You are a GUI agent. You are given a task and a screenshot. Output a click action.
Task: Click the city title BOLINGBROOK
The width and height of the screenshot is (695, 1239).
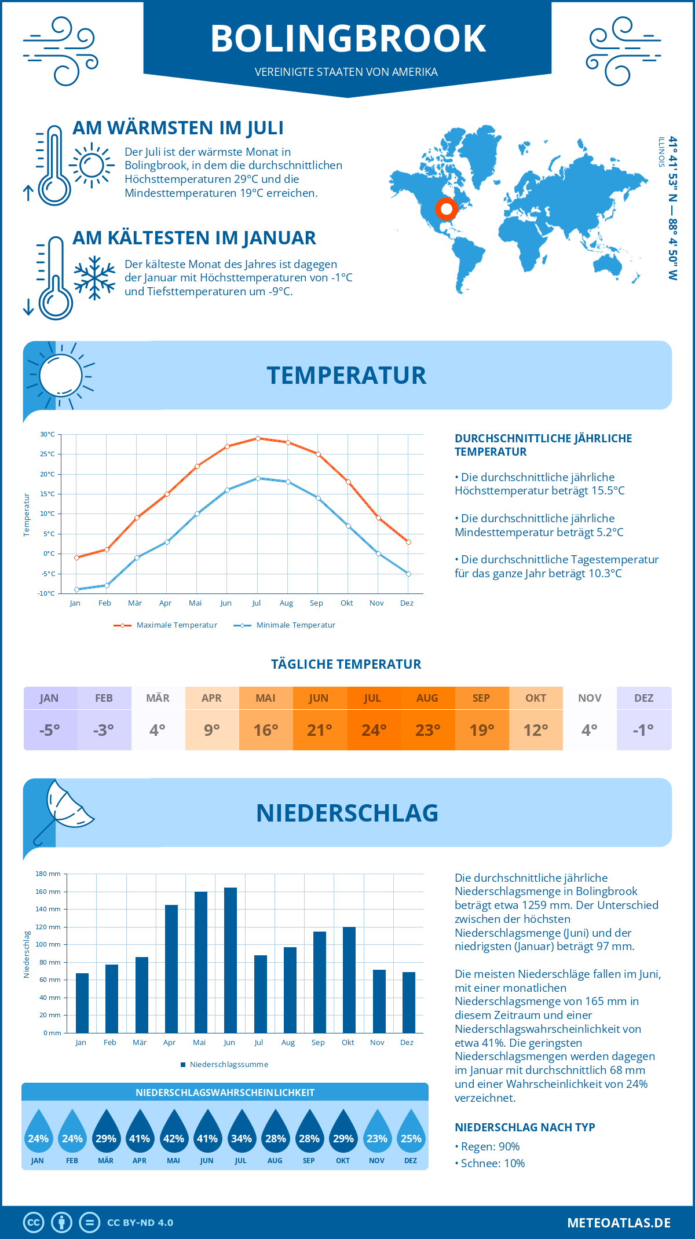[348, 39]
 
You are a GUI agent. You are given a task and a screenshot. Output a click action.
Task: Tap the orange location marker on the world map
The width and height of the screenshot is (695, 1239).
[446, 208]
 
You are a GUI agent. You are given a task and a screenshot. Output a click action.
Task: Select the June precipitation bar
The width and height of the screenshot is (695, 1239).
[230, 960]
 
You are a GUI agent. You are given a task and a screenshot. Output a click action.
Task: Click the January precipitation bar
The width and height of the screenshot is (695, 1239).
[82, 1003]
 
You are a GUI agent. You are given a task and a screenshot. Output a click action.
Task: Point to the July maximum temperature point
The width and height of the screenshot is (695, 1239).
[258, 438]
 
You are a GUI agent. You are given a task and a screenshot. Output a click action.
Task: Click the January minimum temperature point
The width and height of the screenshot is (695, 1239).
[76, 589]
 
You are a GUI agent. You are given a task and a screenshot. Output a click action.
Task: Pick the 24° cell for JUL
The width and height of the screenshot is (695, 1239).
[374, 730]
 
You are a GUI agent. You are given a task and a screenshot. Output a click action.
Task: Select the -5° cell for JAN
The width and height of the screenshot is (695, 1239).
[50, 730]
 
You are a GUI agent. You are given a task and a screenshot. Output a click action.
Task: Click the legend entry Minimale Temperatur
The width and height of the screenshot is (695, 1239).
[295, 625]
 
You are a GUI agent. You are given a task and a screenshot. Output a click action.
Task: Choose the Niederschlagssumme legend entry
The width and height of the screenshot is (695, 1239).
[228, 1064]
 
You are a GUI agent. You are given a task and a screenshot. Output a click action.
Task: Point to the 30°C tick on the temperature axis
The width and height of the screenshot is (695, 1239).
[47, 434]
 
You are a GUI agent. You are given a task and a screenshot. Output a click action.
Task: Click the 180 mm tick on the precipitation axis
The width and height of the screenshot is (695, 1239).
[48, 874]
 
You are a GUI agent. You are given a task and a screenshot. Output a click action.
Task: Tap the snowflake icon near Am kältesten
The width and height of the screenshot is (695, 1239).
[94, 278]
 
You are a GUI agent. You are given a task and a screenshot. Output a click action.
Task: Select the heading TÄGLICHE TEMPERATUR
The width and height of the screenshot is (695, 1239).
[346, 664]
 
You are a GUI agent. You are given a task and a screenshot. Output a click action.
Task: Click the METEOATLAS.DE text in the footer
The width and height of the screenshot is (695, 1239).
[619, 1223]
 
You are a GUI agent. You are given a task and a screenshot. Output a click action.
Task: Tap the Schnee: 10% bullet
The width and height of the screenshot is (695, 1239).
[492, 1163]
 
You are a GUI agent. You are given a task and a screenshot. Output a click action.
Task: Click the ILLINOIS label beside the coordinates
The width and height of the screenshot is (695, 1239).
[661, 152]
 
